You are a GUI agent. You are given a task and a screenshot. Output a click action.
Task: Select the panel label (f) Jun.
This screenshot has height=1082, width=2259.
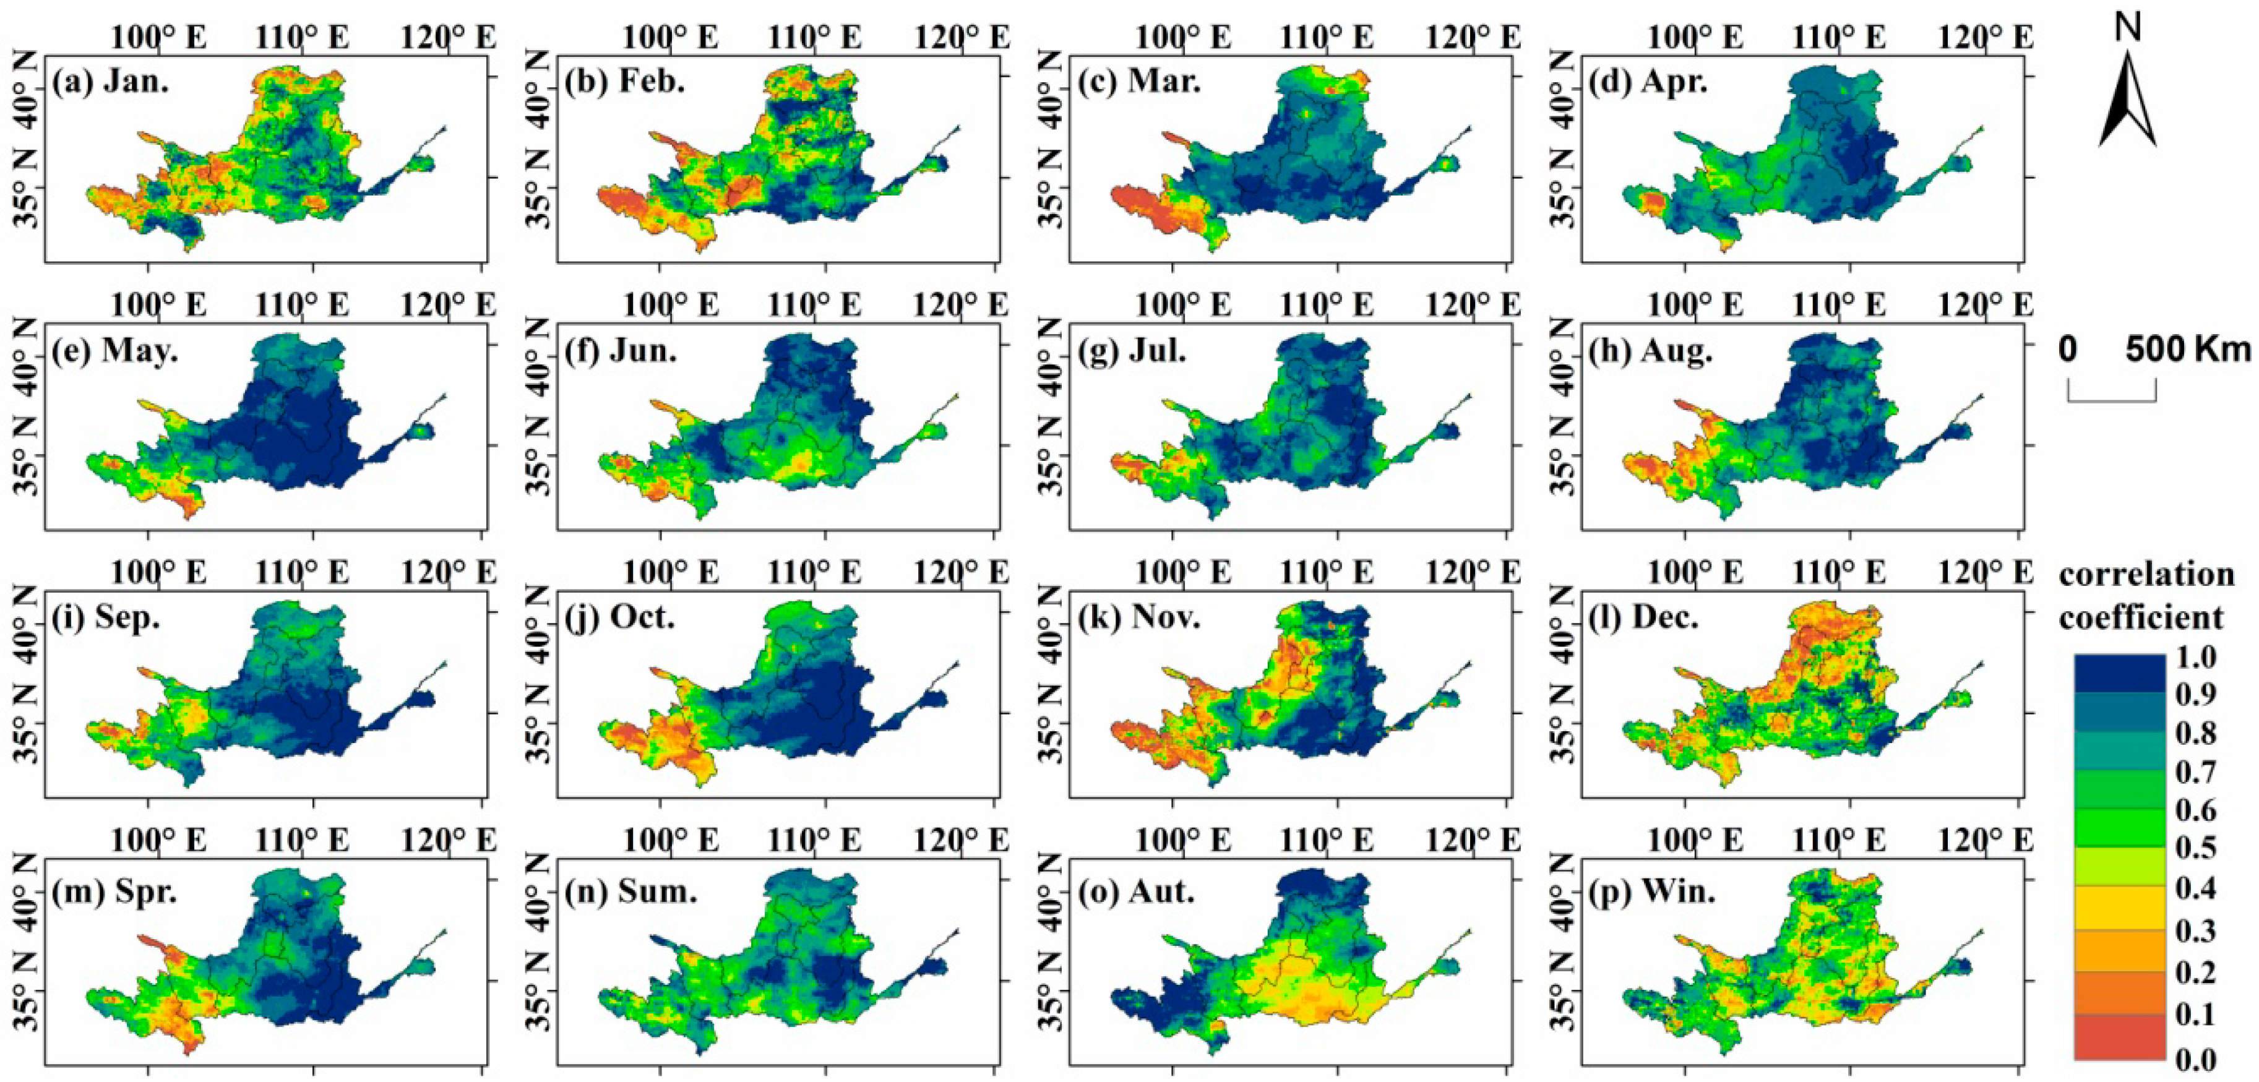click(621, 350)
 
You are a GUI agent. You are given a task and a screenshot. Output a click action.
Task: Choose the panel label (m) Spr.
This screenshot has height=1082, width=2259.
click(114, 891)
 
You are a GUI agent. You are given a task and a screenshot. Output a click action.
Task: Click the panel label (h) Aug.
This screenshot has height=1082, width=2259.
click(1650, 351)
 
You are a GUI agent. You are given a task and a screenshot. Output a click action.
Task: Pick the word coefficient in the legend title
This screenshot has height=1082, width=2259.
click(2141, 617)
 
